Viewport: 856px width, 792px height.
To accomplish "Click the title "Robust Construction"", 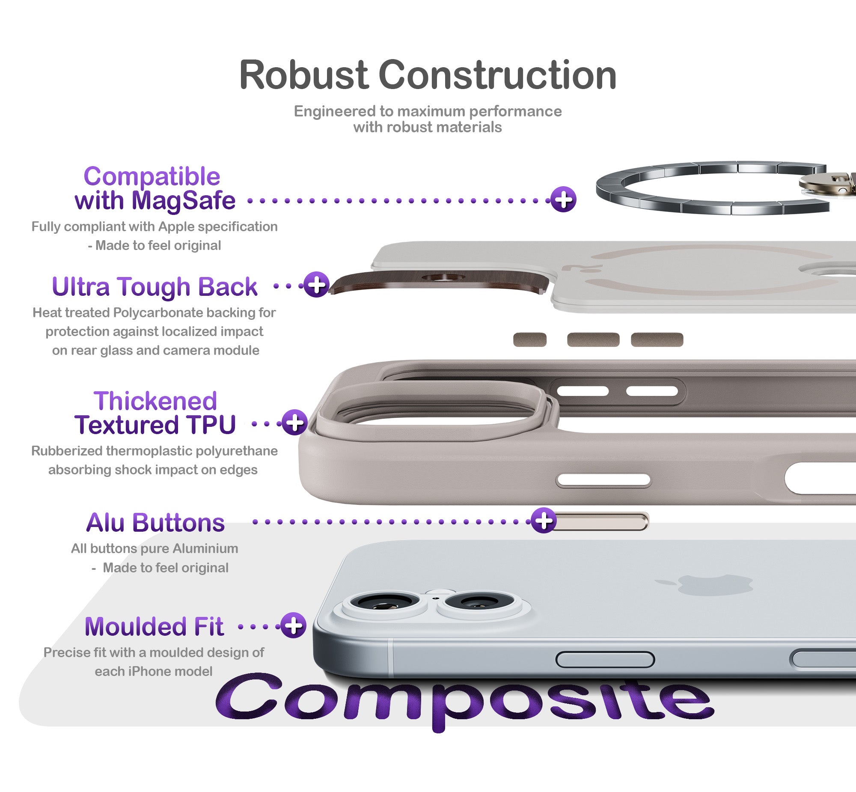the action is click(428, 75).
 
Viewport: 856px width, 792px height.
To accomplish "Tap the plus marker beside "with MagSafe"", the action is click(563, 199).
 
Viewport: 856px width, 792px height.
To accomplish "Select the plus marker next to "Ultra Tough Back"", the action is click(316, 284).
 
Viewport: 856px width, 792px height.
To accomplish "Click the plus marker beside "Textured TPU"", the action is click(294, 422).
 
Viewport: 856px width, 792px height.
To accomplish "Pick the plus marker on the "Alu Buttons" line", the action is click(544, 521).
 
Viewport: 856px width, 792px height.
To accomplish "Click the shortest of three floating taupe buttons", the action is click(529, 339).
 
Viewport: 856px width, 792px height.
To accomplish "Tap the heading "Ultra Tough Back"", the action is click(155, 287).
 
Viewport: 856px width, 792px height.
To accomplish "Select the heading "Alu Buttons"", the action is click(155, 522).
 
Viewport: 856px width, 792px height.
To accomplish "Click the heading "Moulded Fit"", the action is click(154, 626).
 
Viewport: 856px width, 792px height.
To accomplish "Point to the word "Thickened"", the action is click(155, 401).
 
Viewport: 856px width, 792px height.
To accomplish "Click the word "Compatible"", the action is click(152, 176).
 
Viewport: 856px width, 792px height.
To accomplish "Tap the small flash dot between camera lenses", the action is click(436, 598).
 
